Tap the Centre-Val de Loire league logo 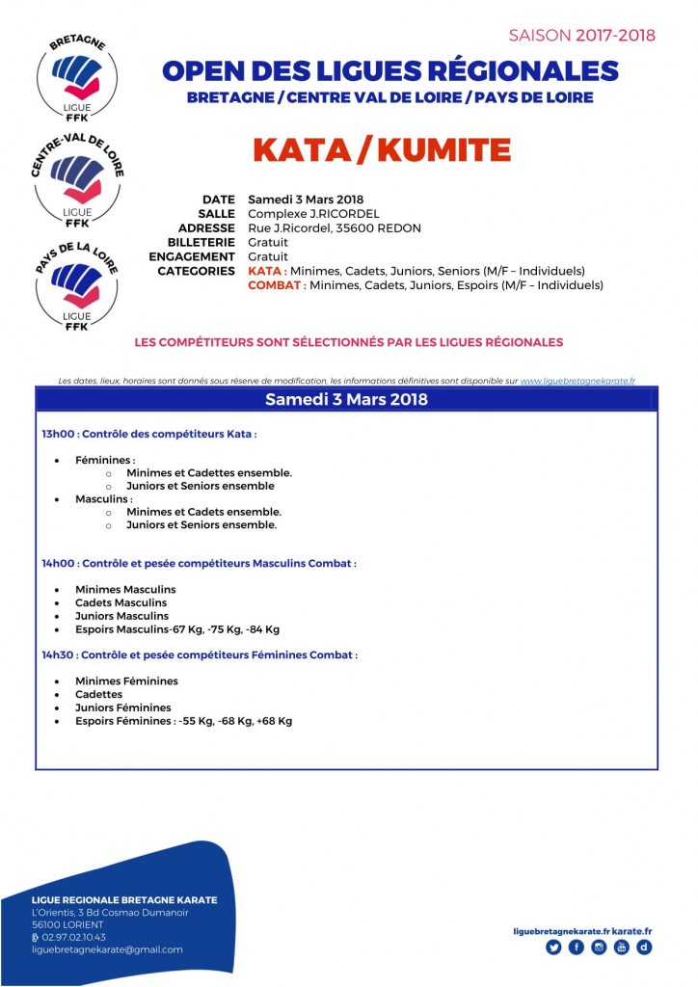(76, 179)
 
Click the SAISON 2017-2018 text (581, 36)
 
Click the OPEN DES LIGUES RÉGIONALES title (389, 71)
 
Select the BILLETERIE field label (201, 243)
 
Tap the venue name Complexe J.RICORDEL (313, 214)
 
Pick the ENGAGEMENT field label (192, 257)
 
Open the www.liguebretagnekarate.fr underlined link (577, 382)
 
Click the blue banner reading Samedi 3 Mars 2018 (346, 399)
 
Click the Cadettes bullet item (98, 694)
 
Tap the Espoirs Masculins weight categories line (176, 629)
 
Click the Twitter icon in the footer (553, 947)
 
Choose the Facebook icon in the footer (577, 947)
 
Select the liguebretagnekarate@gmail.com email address (107, 949)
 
